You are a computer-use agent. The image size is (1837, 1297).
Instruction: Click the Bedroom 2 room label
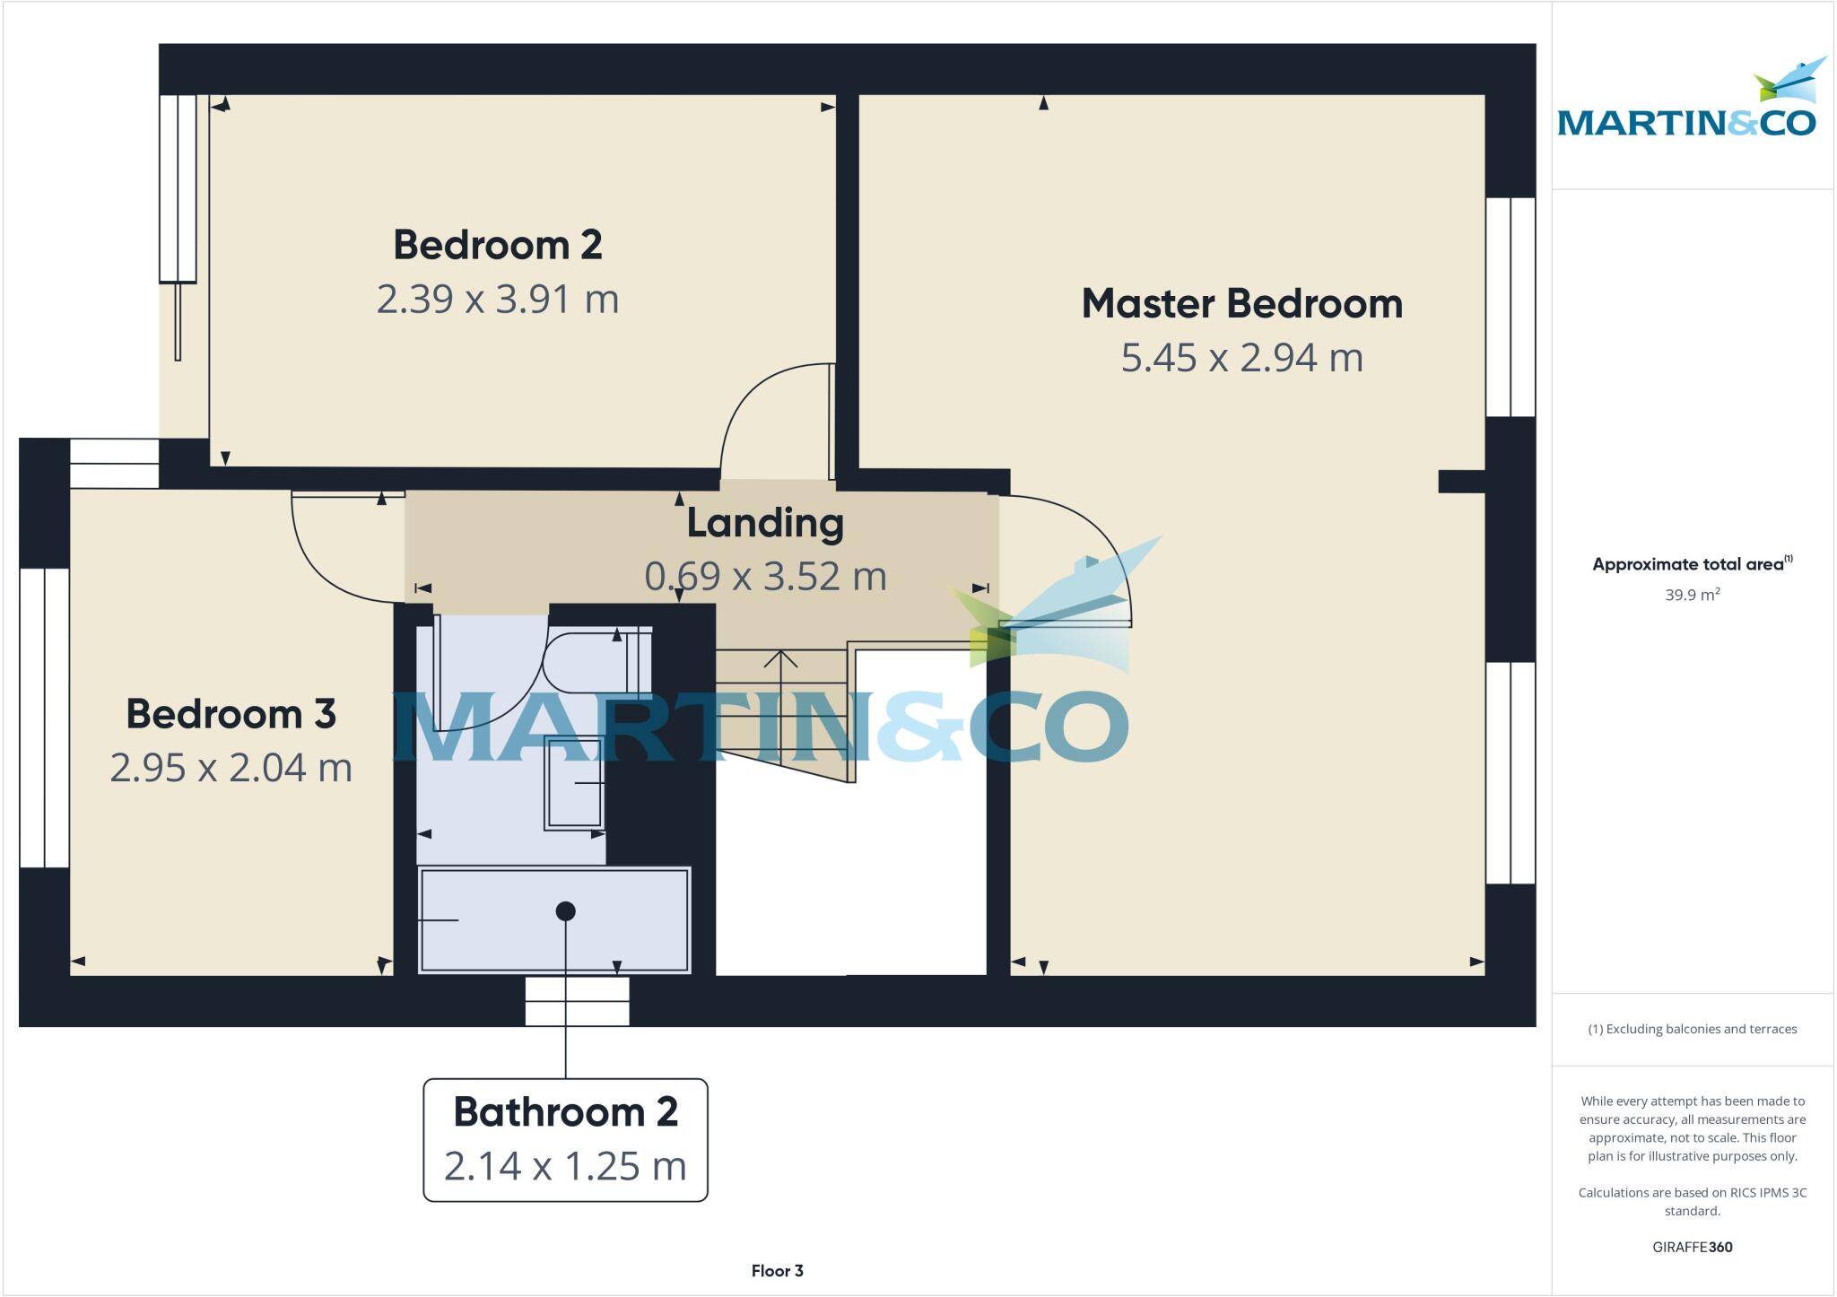[497, 245]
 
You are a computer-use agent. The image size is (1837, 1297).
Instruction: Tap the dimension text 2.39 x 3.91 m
[497, 299]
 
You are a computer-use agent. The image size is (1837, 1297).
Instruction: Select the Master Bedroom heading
[1241, 303]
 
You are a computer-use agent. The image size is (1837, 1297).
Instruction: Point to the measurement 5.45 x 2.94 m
[1241, 357]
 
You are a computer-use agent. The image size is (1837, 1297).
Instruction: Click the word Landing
[765, 523]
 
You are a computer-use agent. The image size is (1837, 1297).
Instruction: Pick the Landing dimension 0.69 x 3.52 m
[765, 576]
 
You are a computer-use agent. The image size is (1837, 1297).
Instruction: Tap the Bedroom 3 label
[231, 714]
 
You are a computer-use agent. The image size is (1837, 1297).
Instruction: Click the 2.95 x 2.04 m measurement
[231, 768]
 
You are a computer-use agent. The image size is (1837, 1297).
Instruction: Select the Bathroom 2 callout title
[565, 1112]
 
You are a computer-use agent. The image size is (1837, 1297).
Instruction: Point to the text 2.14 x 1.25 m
[565, 1166]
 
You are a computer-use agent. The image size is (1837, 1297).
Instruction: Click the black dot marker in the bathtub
[565, 911]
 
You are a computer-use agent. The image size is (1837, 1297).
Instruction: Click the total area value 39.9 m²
[1692, 595]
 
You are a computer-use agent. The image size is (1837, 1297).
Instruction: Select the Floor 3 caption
[777, 1271]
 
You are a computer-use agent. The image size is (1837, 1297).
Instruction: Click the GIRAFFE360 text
[1692, 1247]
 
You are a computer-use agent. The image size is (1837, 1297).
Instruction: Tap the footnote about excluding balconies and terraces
[1692, 1029]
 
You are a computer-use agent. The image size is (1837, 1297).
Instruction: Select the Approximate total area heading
[1690, 564]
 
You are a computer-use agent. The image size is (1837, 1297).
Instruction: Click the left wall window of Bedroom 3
[44, 718]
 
